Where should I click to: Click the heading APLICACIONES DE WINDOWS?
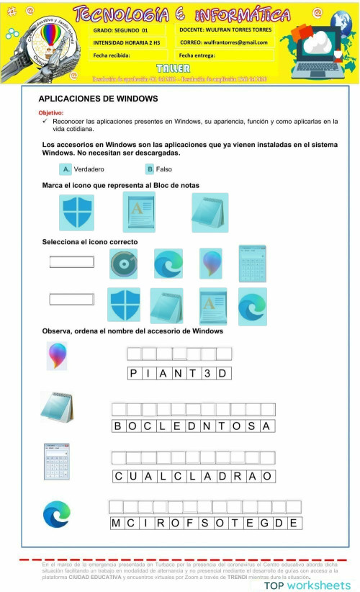click(x=98, y=98)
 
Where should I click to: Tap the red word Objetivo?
click(x=51, y=113)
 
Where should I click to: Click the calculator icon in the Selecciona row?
click(x=253, y=263)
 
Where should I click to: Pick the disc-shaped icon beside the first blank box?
click(x=123, y=264)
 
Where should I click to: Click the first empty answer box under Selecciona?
click(x=71, y=262)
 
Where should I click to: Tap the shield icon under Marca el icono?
click(x=77, y=212)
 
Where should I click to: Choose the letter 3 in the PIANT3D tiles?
click(x=207, y=373)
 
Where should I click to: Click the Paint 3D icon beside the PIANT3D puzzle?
click(x=57, y=356)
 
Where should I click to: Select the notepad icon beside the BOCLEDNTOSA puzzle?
click(x=57, y=407)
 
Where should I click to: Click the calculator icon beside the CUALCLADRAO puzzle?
click(x=57, y=462)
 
